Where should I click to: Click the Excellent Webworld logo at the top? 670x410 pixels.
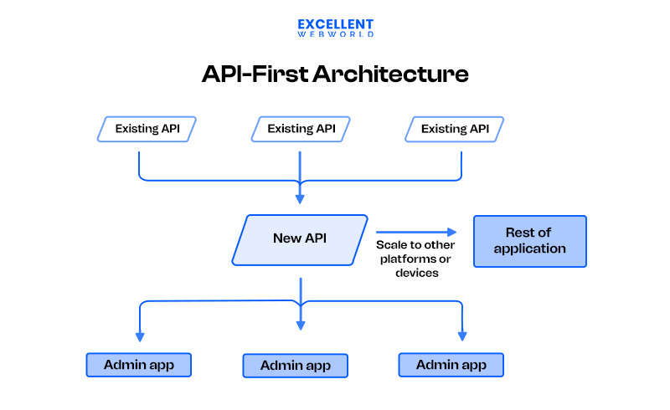(335, 28)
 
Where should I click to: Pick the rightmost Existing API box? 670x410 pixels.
(455, 129)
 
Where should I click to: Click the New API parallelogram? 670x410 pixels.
(300, 239)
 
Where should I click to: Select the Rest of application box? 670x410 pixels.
(529, 241)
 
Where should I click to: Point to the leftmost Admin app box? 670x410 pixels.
(139, 365)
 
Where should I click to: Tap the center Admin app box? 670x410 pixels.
(295, 366)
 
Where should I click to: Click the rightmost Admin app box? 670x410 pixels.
(451, 365)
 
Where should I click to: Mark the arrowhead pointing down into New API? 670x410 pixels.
(300, 199)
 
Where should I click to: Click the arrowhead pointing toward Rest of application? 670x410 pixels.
(452, 233)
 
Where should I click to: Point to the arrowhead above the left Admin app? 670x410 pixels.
(139, 336)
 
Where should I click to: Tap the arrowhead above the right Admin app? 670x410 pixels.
(461, 336)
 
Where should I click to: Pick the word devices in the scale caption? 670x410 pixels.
(416, 273)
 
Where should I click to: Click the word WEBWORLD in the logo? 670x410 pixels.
(335, 34)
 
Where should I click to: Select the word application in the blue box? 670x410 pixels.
(529, 249)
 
